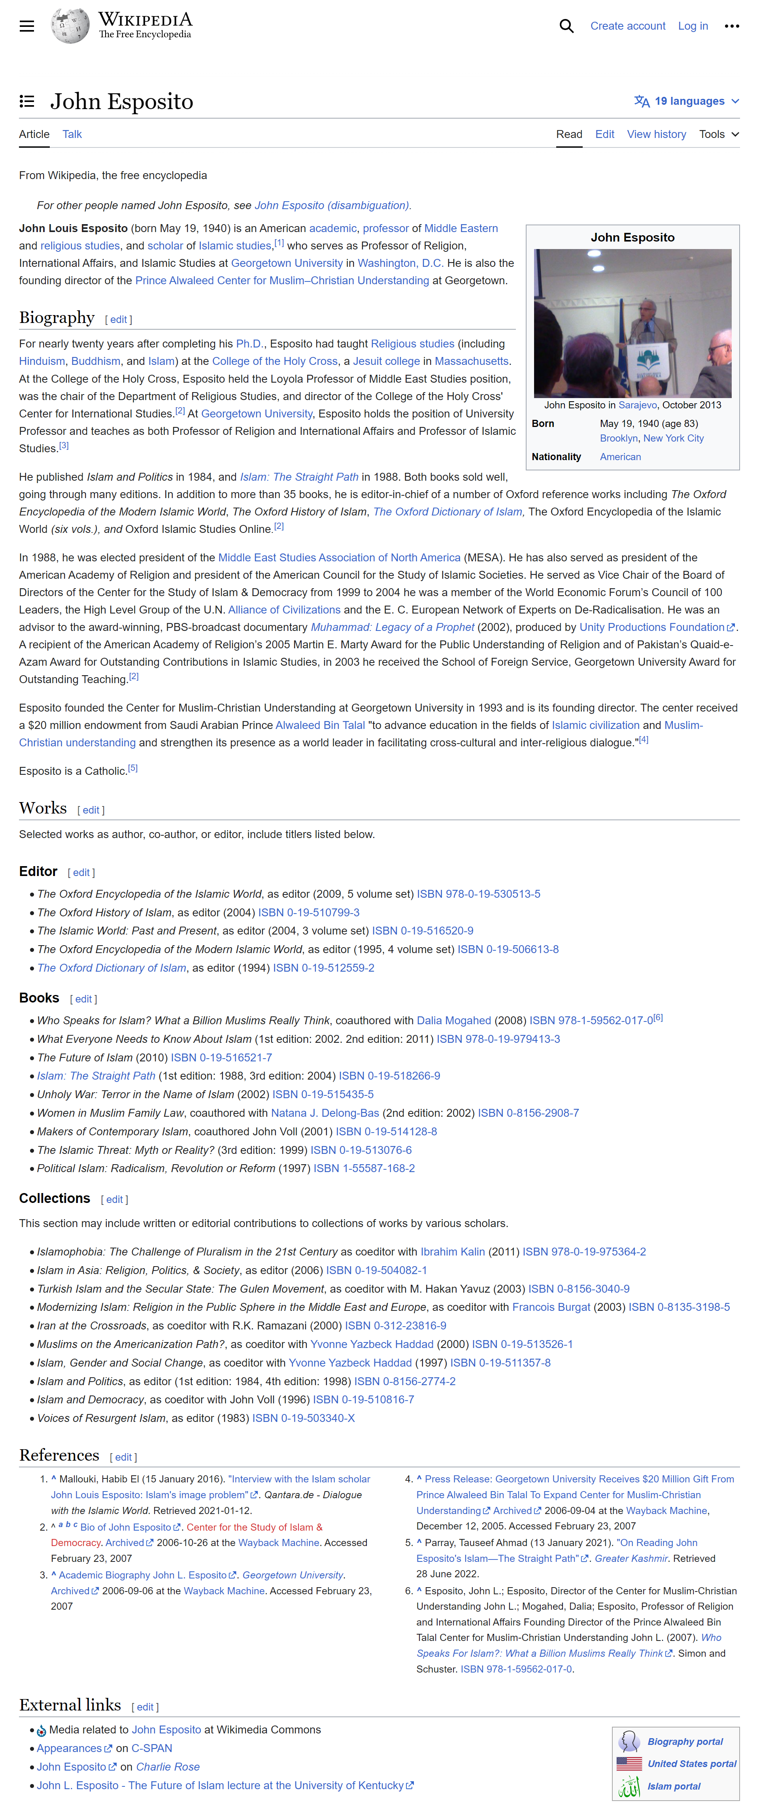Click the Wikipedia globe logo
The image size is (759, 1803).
click(70, 26)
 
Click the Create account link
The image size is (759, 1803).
click(627, 26)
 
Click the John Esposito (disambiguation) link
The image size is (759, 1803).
click(332, 205)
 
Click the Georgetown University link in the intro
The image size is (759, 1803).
click(287, 263)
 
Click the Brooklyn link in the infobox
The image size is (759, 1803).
click(618, 438)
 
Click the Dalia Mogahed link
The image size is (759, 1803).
click(454, 1020)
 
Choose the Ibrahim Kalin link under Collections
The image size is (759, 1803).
click(452, 1252)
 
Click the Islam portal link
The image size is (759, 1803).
click(674, 1786)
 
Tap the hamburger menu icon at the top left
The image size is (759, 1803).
click(26, 26)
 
